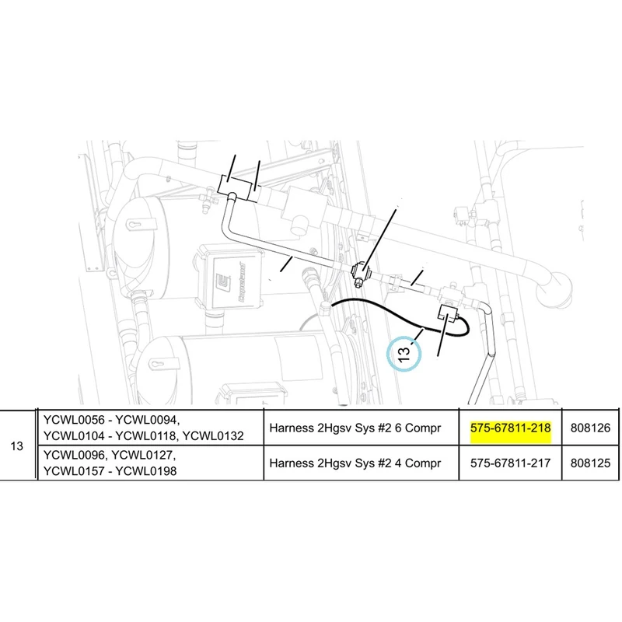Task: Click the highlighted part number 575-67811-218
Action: click(x=510, y=428)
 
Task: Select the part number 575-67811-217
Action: click(x=510, y=463)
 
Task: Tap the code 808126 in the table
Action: click(x=590, y=428)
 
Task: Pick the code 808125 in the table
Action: click(x=590, y=463)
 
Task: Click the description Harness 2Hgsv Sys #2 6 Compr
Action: click(x=355, y=428)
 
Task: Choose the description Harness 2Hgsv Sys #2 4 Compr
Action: click(x=355, y=463)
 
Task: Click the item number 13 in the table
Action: click(x=16, y=446)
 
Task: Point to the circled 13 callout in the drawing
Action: click(x=404, y=353)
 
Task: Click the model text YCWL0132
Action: click(x=213, y=436)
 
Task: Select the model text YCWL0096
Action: click(x=74, y=455)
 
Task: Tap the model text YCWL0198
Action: click(x=146, y=471)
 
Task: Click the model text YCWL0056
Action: click(x=74, y=420)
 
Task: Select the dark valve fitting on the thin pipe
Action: click(x=361, y=274)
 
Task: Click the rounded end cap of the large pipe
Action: click(x=554, y=289)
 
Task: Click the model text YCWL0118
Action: click(x=146, y=436)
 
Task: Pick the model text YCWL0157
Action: click(x=74, y=471)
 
